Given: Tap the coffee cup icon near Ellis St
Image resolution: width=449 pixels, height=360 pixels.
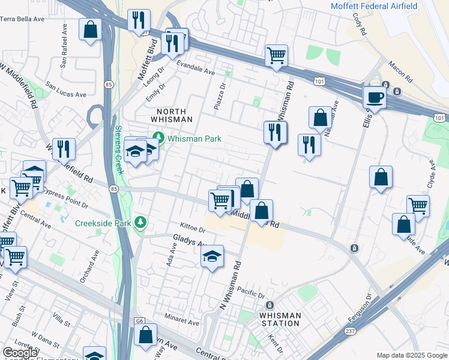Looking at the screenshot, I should [375, 97].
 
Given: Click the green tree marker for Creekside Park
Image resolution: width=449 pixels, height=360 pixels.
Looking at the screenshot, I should [140, 223].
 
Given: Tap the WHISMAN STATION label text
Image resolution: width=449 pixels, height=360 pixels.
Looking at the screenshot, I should [279, 319].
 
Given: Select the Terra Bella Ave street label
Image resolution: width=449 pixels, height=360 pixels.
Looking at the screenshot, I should [22, 19].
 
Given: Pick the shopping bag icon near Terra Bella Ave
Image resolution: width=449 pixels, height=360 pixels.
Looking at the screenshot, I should [90, 29].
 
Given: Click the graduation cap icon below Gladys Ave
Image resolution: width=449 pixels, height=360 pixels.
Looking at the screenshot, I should [212, 257].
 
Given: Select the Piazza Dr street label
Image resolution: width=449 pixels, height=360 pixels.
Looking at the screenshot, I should [219, 96].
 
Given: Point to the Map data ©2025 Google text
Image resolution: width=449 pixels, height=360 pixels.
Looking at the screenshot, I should [411, 355].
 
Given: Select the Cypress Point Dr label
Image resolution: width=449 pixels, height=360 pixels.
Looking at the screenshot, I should [67, 199].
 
